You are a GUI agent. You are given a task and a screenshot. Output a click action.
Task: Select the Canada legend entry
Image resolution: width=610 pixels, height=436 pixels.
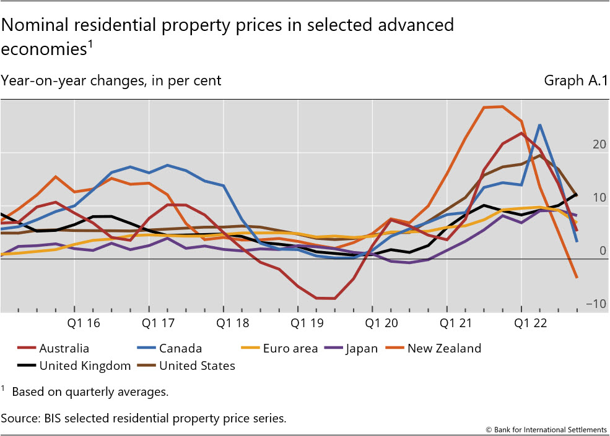tap(180, 349)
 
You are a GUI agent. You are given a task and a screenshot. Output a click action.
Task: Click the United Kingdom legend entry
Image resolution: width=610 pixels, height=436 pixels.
tap(85, 366)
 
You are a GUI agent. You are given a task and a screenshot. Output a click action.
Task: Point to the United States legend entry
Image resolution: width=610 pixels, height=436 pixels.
tap(197, 366)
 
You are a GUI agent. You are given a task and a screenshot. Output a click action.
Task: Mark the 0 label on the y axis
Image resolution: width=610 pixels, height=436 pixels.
tap(603, 251)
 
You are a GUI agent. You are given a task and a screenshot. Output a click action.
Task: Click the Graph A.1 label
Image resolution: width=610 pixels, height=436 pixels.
tap(575, 80)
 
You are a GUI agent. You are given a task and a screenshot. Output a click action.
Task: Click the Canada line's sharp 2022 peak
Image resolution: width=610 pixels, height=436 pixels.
tap(540, 125)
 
